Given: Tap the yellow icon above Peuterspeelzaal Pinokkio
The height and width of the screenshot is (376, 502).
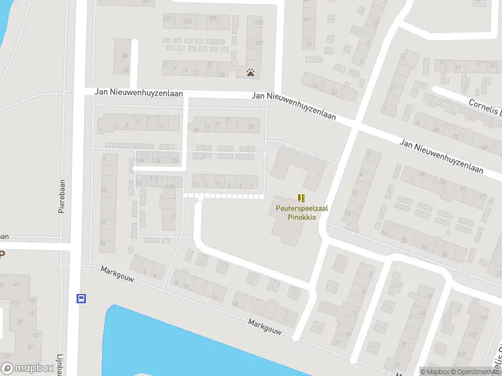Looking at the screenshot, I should [301, 198].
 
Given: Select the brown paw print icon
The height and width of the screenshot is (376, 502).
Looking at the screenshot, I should [251, 73].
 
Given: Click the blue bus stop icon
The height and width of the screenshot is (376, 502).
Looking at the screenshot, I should [81, 298].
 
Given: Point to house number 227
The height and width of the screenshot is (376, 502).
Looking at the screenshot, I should [168, 19].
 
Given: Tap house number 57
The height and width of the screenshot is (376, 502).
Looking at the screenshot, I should [30, 347].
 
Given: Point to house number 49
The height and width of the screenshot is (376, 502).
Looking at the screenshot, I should [16, 285].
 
